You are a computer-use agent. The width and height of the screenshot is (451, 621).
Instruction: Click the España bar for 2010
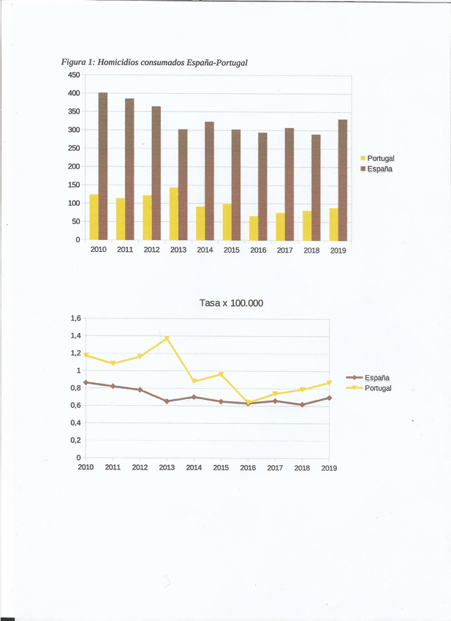[103, 166]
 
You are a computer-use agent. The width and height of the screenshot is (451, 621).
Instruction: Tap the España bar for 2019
[343, 179]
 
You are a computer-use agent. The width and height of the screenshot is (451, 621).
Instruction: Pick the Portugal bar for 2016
[254, 228]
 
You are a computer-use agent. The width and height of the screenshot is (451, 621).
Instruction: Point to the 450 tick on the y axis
[74, 75]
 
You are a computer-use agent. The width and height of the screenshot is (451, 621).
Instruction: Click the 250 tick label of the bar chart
[74, 148]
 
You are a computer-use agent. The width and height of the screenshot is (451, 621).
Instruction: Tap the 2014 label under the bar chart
[205, 250]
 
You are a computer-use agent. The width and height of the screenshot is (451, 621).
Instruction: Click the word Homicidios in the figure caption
[119, 62]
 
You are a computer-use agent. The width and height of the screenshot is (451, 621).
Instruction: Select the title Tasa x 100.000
[231, 302]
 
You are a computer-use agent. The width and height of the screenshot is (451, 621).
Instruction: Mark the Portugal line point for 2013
[167, 338]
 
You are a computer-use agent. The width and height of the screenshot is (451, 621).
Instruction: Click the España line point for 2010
[86, 382]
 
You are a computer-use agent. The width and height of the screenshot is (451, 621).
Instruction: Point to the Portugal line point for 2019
[329, 382]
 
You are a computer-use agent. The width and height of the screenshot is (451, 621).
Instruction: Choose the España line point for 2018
[302, 404]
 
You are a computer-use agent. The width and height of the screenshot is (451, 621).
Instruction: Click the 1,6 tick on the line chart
[75, 318]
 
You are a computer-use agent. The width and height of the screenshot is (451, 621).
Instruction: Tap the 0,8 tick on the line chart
[75, 387]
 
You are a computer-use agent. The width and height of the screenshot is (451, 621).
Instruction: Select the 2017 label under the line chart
[275, 467]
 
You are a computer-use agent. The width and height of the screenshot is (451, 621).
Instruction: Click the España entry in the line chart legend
[377, 378]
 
